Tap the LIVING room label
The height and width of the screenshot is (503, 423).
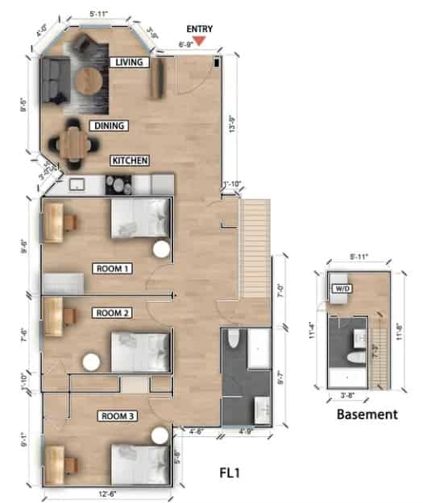[130, 63]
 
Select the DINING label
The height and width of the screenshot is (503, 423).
[108, 126]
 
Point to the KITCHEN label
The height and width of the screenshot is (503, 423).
[130, 161]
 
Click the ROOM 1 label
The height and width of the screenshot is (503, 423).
[114, 268]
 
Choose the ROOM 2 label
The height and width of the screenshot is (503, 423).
[113, 312]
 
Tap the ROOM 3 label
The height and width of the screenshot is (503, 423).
[118, 416]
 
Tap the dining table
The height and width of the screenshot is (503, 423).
[75, 144]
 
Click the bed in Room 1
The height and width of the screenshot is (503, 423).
[140, 217]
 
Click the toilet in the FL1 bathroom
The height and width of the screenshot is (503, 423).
[233, 343]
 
